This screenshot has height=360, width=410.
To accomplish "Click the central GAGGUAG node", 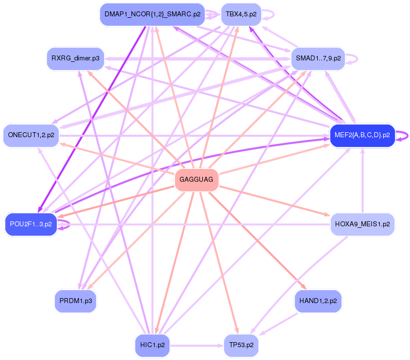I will tap(197, 180).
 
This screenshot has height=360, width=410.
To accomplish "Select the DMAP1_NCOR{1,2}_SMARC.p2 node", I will tap(152, 14).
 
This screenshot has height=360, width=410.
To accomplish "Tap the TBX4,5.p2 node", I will tap(241, 14).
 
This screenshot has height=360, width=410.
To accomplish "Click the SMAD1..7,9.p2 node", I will tap(318, 58).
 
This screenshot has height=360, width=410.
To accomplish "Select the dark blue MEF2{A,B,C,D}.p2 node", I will tap(362, 135).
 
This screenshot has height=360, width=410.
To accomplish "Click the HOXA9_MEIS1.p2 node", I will tap(362, 224).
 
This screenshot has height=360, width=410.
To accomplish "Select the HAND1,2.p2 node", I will tap(318, 301).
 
